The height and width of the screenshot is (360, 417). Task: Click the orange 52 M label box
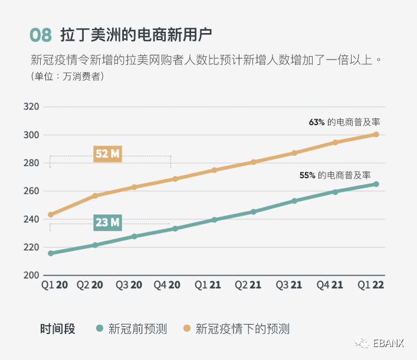coord(108,154)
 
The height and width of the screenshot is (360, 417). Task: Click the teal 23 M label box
coord(108,222)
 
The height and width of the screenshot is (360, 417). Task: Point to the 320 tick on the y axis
coord(31,107)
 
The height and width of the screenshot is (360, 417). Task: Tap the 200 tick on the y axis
coord(31,276)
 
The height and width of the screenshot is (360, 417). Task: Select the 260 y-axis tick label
coord(31,191)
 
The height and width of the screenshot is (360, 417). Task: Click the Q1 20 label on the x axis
coord(54,285)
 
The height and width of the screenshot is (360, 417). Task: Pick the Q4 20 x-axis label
coord(167,285)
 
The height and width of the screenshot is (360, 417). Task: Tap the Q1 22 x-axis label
coord(371,285)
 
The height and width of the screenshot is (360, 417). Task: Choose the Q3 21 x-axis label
coord(289,285)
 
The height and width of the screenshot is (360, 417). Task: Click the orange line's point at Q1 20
coord(51,215)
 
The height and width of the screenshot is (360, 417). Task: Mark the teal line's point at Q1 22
coord(376,184)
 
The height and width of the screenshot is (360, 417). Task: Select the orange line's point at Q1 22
coord(376,135)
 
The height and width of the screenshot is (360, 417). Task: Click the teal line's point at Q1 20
coord(51,253)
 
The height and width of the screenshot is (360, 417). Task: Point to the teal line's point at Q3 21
coord(294,201)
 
